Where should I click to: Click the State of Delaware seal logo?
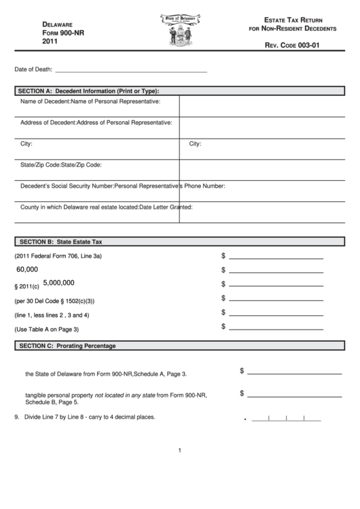pyautogui.click(x=181, y=31)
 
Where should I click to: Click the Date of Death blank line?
pyautogui.click(x=130, y=71)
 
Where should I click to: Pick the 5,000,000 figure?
pyautogui.click(x=58, y=282)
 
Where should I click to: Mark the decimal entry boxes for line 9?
pyautogui.click(x=286, y=419)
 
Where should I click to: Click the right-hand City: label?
pyautogui.click(x=195, y=144)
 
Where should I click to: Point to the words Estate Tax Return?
pyautogui.click(x=295, y=22)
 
